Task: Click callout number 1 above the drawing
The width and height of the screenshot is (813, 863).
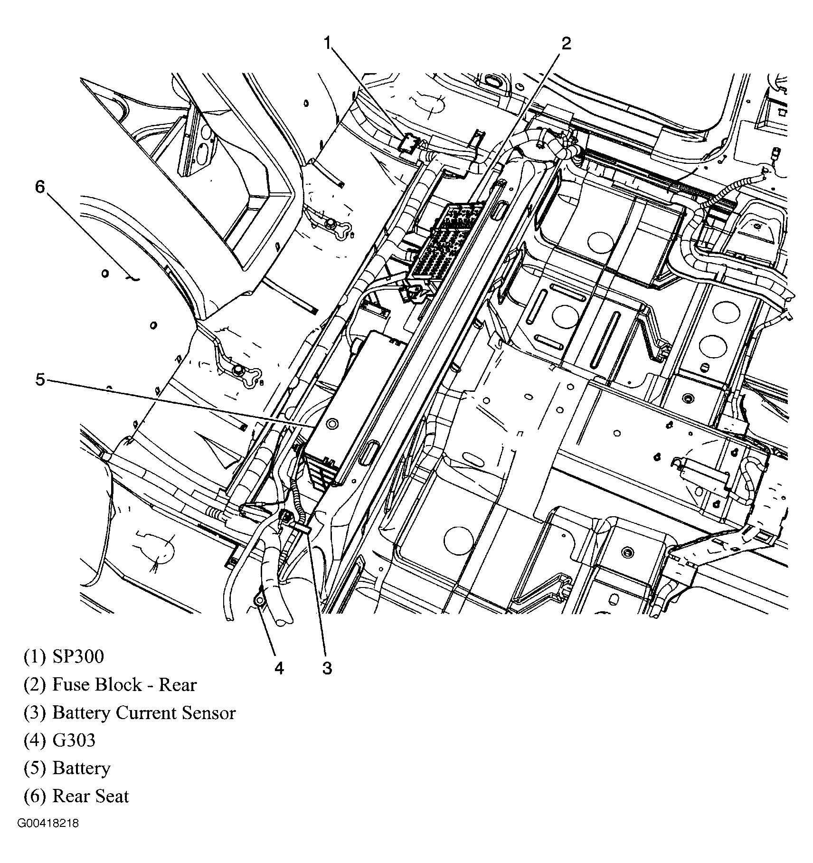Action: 327,43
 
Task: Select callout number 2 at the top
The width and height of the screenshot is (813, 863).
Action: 566,43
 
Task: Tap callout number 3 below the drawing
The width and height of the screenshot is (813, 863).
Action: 327,668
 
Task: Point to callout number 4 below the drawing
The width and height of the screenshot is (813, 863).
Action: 279,668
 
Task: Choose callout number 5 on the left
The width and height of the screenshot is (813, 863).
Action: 40,379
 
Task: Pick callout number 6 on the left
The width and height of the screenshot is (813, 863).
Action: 40,187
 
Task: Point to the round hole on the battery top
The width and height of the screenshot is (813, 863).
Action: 332,423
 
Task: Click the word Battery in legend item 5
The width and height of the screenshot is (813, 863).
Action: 81,768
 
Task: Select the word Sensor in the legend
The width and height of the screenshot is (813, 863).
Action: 209,713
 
